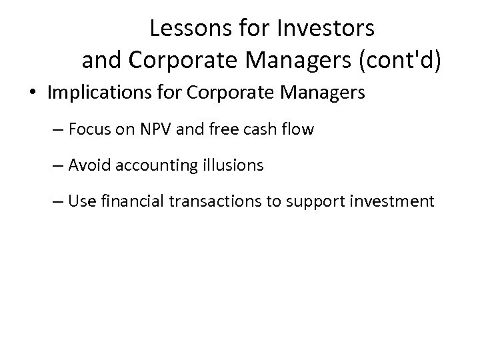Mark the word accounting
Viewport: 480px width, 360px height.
155,165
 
